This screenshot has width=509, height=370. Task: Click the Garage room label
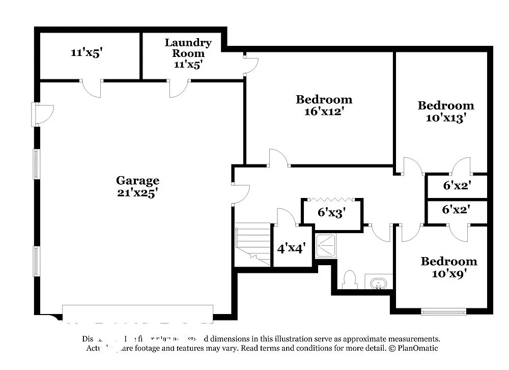pos(137,180)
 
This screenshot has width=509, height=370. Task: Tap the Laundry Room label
pos(188,47)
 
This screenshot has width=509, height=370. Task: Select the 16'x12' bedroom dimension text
pos(324,112)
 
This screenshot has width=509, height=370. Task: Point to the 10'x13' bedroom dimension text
pos(446,118)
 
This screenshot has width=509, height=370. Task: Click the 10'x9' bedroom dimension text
pos(448,274)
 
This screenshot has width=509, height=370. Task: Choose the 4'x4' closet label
pos(291,249)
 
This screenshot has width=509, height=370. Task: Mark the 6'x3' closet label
pos(332,212)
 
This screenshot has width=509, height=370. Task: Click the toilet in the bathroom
pos(350,279)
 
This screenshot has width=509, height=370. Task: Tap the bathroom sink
pos(378,282)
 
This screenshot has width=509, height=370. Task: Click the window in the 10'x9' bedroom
pos(443,311)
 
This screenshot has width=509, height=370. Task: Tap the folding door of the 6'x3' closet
pos(331,200)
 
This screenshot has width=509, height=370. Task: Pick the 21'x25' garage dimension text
pos(137,192)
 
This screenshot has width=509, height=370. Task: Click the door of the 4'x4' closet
pos(286,217)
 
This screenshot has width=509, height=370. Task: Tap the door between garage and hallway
pos(240,194)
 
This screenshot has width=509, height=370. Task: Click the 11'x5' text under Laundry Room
pos(188,65)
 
